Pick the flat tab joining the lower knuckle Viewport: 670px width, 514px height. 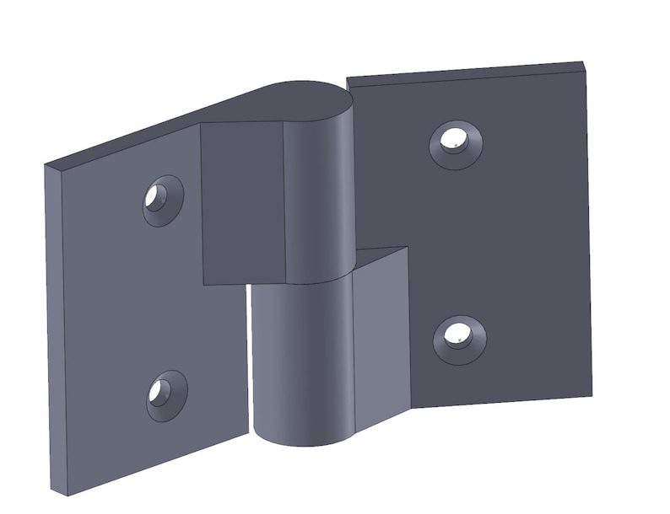pos(381,337)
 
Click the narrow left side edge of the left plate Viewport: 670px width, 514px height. pos(53,329)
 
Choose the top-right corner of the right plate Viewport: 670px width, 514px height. pos(584,63)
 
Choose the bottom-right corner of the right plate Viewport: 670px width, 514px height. pos(592,394)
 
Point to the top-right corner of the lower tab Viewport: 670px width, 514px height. pos(408,248)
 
